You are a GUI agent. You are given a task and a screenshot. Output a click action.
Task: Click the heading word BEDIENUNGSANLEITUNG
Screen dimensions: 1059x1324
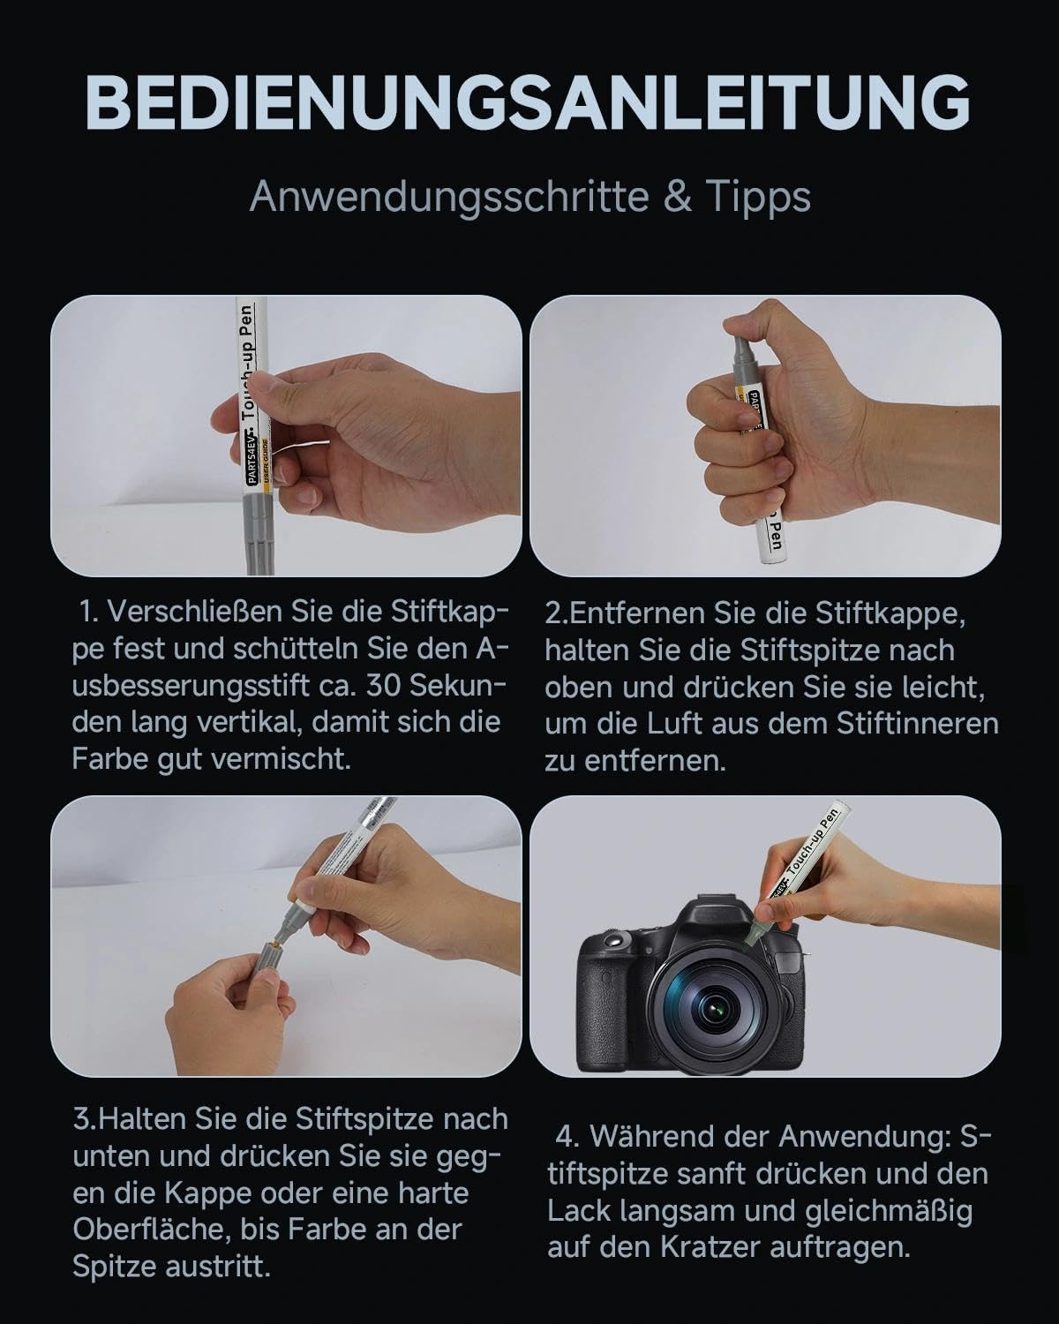point(528,102)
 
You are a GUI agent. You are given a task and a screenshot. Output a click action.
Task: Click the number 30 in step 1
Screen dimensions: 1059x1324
point(385,685)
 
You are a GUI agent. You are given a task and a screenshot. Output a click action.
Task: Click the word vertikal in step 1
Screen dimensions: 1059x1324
point(249,723)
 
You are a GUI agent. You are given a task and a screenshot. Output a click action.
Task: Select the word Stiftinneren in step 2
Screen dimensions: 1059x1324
point(918,724)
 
